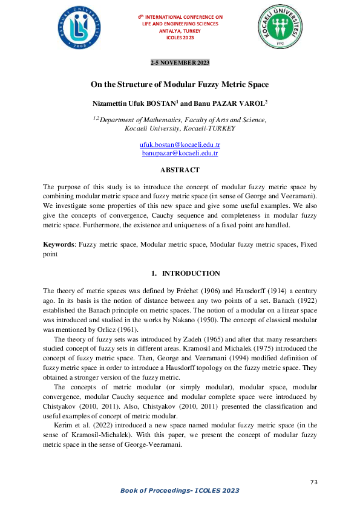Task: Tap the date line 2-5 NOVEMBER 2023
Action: (180, 63)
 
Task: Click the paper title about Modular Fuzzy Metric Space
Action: (180, 84)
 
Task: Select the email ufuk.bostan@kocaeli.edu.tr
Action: (180, 146)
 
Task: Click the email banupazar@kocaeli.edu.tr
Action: (180, 154)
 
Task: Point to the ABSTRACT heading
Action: (180, 170)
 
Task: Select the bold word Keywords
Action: (58, 245)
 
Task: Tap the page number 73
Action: (313, 482)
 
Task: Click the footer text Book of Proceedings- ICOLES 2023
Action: (180, 490)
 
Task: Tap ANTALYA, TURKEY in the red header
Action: (180, 30)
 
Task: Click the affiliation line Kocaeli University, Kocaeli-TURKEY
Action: (180, 129)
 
